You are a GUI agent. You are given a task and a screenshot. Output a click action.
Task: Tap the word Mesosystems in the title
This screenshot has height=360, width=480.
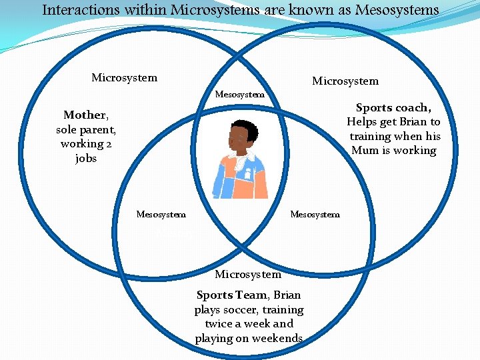(x=397, y=10)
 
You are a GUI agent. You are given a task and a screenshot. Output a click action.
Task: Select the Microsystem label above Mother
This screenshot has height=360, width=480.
(x=124, y=77)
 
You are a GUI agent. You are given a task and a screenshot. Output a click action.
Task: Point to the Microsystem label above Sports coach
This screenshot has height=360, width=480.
(x=345, y=81)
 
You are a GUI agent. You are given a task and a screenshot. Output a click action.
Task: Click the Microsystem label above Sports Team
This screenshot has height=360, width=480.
(x=248, y=274)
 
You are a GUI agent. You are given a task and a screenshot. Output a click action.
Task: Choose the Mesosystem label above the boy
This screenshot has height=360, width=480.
(x=240, y=95)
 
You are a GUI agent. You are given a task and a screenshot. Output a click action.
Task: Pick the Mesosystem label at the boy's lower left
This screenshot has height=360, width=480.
(x=161, y=214)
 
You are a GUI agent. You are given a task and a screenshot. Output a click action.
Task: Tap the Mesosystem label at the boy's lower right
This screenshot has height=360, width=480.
(x=315, y=214)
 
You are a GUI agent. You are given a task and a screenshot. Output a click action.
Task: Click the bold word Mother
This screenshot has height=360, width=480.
(x=84, y=115)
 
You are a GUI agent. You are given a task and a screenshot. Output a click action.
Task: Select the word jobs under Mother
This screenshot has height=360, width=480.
(x=86, y=159)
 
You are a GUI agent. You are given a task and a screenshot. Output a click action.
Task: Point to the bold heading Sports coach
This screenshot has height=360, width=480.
(x=393, y=107)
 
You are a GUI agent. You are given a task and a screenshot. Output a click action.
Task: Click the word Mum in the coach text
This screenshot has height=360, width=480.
(x=365, y=150)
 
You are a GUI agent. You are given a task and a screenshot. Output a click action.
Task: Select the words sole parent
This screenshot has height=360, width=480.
(x=86, y=129)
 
